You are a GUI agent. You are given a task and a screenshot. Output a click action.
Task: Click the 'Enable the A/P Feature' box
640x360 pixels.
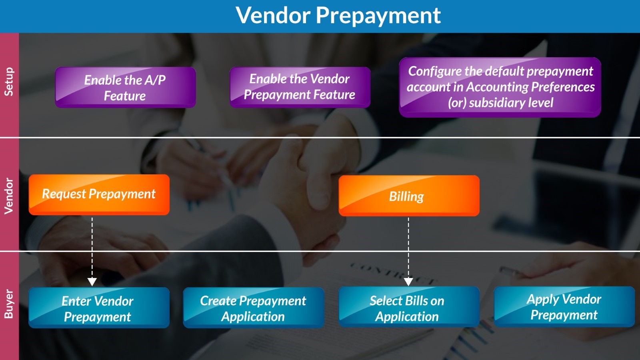(126, 88)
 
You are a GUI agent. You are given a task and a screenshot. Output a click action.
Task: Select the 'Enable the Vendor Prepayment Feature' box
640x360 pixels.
(300, 88)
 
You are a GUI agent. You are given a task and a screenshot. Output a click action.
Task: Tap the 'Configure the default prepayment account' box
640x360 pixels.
(500, 87)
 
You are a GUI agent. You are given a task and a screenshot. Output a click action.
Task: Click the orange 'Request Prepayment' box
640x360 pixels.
(99, 194)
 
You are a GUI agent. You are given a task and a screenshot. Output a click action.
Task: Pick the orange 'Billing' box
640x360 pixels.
(409, 196)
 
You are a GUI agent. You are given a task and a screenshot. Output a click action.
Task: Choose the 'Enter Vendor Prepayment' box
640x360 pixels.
(99, 308)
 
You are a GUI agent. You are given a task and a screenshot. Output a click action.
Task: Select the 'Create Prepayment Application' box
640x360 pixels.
(254, 308)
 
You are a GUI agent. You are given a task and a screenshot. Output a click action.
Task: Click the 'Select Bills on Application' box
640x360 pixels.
(409, 307)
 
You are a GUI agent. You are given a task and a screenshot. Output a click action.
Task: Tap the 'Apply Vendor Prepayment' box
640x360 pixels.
(564, 307)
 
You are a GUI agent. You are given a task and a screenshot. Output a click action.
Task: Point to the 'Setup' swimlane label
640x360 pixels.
(9, 82)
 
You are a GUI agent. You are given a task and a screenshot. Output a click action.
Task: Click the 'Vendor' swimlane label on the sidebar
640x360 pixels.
(9, 196)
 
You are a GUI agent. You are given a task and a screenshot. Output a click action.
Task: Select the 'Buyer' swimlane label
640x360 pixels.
(9, 304)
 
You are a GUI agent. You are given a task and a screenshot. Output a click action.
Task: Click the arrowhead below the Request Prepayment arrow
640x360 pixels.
(92, 282)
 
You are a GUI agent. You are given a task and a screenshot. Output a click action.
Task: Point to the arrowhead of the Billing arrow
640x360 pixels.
(408, 282)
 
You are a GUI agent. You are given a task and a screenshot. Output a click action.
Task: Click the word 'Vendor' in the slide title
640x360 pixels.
(273, 15)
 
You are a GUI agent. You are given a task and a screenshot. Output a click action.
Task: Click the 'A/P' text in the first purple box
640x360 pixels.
(155, 80)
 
